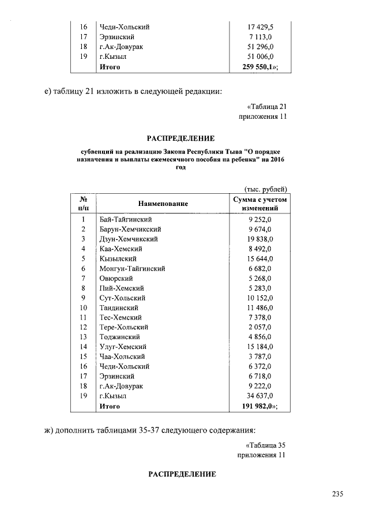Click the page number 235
coord(338,494)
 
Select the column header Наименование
coord(163,204)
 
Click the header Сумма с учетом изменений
coord(259,204)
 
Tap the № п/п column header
coord(83,204)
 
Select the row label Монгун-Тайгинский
coord(133,268)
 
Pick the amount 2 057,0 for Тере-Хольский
coord(260,327)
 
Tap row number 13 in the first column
coord(83,337)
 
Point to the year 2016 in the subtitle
coord(277,159)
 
